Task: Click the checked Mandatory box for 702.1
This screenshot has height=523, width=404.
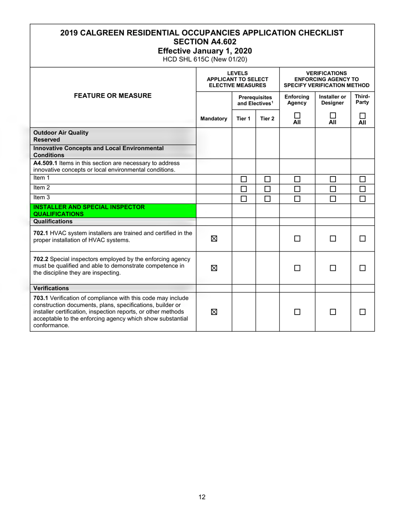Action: pyautogui.click(x=214, y=239)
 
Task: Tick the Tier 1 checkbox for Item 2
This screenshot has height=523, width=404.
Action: pyautogui.click(x=244, y=189)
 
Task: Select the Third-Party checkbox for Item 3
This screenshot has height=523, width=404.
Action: pyautogui.click(x=362, y=199)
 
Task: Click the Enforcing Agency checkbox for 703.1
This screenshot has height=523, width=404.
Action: pyautogui.click(x=297, y=312)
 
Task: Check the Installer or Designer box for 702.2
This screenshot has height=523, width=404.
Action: pyautogui.click(x=333, y=268)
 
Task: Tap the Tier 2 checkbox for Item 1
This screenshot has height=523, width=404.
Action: pyautogui.click(x=267, y=179)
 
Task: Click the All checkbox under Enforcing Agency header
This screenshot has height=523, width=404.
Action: pyautogui.click(x=297, y=115)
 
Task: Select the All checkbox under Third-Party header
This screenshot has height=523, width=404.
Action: pyautogui.click(x=362, y=115)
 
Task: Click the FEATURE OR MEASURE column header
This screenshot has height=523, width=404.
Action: pyautogui.click(x=113, y=96)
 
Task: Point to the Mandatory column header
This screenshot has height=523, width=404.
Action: pyautogui.click(x=214, y=119)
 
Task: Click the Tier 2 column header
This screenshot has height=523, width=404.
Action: pyautogui.click(x=267, y=119)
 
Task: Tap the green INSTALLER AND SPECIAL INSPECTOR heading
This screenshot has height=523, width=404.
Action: pyautogui.click(x=89, y=210)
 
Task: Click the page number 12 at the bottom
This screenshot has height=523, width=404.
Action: pyautogui.click(x=202, y=497)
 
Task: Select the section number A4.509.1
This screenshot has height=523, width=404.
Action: pyautogui.click(x=45, y=163)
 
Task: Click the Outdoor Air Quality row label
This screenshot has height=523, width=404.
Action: pyautogui.click(x=61, y=133)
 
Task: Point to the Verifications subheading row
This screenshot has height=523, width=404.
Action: pyautogui.click(x=51, y=288)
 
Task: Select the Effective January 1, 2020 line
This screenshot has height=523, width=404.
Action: pyautogui.click(x=202, y=51)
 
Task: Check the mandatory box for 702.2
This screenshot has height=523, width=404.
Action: pyautogui.click(x=214, y=268)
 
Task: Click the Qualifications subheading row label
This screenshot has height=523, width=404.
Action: pyautogui.click(x=53, y=222)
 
